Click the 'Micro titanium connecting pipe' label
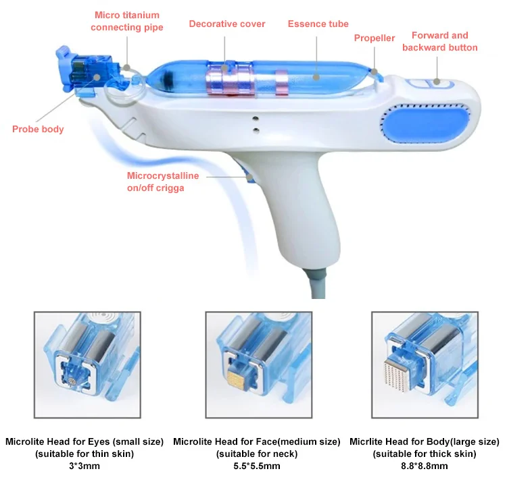[127, 22]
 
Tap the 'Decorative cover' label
[227, 24]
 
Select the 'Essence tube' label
[318, 24]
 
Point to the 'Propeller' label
[375, 38]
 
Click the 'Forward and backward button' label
[440, 41]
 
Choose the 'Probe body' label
[38, 129]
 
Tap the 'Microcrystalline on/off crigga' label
[163, 182]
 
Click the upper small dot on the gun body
[256, 119]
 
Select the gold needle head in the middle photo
[237, 379]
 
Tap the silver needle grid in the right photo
[395, 375]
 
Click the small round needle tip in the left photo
[72, 381]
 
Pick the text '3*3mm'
[84, 466]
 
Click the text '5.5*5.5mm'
[257, 466]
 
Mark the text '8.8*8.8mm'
[425, 466]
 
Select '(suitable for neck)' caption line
[257, 454]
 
